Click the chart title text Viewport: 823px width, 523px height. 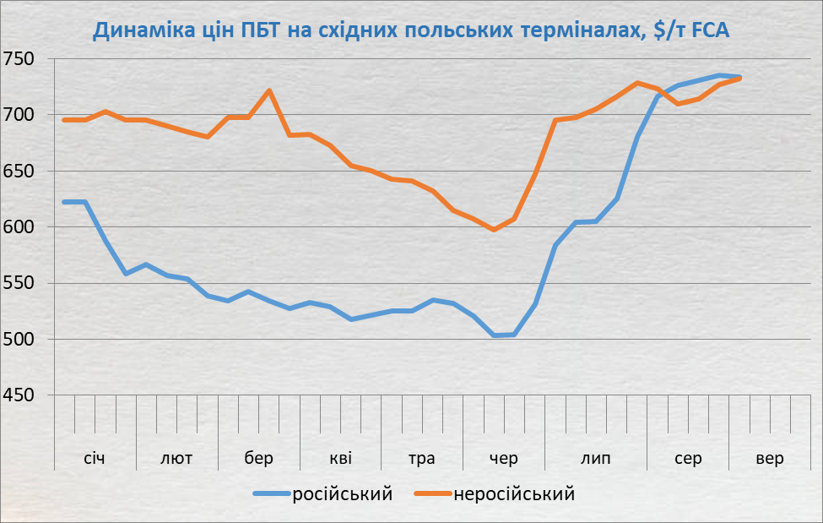click(x=411, y=31)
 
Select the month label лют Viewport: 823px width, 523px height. click(x=176, y=459)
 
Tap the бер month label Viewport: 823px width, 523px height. click(x=259, y=459)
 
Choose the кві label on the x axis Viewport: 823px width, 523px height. click(x=341, y=459)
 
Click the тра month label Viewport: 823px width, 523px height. click(x=422, y=459)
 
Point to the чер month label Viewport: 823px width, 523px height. click(x=504, y=459)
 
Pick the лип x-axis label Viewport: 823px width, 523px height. click(x=596, y=459)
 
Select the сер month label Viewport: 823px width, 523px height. click(x=688, y=459)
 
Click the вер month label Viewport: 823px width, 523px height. click(x=769, y=459)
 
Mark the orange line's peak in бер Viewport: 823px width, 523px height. click(x=269, y=90)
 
